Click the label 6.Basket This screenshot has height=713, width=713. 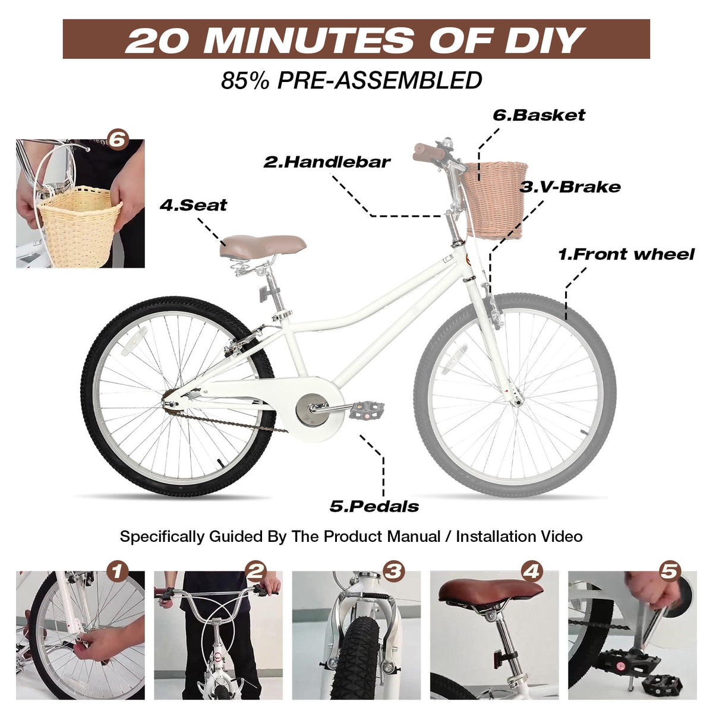tap(539, 115)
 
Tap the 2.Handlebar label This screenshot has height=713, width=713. tap(327, 162)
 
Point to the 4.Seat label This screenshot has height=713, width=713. tap(193, 205)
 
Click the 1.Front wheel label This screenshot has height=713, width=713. tap(626, 254)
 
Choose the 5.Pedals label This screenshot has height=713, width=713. tap(374, 507)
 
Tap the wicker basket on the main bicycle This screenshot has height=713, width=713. tap(495, 200)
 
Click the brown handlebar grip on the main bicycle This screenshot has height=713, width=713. tap(429, 152)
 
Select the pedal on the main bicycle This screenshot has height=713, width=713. tap(366, 411)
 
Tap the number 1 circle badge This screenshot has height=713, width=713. tap(117, 572)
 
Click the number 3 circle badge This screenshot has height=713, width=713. tap(393, 572)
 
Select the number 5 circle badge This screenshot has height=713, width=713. tap(669, 572)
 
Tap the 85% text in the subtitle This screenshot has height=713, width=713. tap(245, 80)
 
